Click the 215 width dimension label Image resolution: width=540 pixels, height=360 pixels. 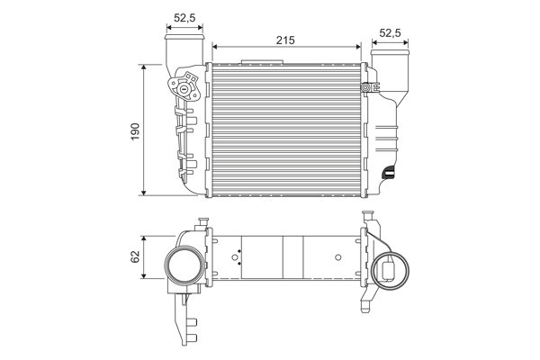coord(284,40)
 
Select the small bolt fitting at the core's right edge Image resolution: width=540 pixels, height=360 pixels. coord(366,87)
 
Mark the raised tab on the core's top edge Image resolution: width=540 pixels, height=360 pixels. coord(262,62)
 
